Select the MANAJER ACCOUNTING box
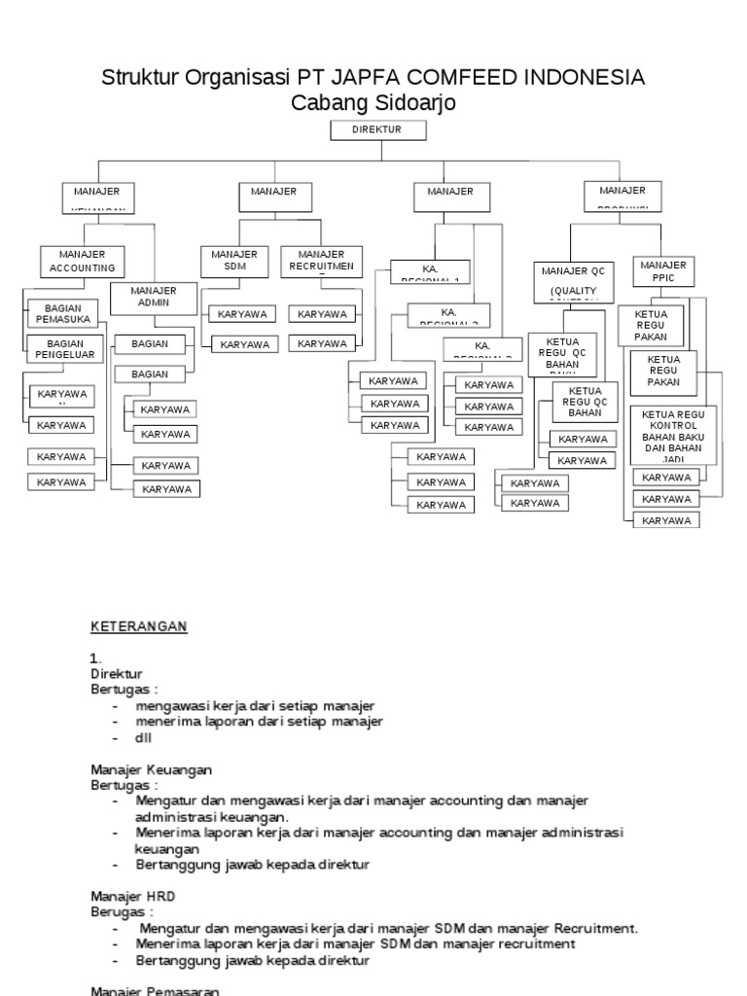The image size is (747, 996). pyautogui.click(x=82, y=261)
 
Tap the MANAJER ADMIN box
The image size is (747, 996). pyautogui.click(x=153, y=298)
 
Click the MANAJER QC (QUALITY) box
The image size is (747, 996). pyautogui.click(x=573, y=281)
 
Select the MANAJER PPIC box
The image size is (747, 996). pyautogui.click(x=663, y=271)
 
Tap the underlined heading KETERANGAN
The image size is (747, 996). pyautogui.click(x=138, y=626)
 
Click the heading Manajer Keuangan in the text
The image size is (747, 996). pyautogui.click(x=151, y=769)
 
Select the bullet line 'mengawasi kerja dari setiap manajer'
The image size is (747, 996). pyautogui.click(x=255, y=705)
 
